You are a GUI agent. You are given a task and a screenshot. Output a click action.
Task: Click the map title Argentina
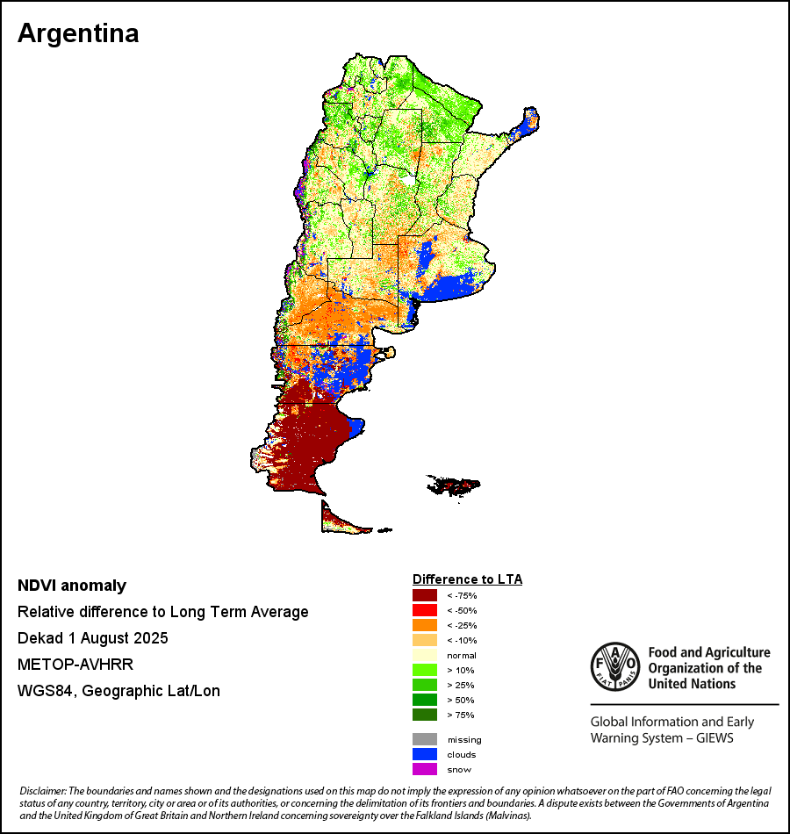coord(78,33)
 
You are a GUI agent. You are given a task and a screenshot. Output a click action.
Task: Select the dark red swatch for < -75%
coord(425,595)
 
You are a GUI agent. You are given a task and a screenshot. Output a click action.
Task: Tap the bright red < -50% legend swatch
coord(425,610)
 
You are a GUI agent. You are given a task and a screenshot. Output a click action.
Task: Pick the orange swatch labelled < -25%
coord(425,625)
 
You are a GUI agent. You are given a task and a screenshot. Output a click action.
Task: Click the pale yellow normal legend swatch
coord(425,656)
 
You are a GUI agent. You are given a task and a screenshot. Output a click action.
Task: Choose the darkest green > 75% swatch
coord(425,715)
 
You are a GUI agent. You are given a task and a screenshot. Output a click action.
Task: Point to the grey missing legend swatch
coord(425,739)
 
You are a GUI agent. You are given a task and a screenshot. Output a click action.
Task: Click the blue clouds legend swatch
coord(425,754)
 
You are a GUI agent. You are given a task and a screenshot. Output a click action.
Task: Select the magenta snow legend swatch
coord(425,769)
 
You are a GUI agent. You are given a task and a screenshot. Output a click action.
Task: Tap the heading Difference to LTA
coord(467,579)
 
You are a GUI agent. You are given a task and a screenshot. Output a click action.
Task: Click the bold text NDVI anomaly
coord(72,586)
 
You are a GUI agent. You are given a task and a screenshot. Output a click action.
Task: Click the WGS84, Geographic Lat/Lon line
coord(118,691)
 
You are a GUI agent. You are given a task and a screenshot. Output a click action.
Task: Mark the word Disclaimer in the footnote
coord(41,793)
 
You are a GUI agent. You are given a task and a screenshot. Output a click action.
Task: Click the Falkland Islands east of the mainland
coord(453,484)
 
